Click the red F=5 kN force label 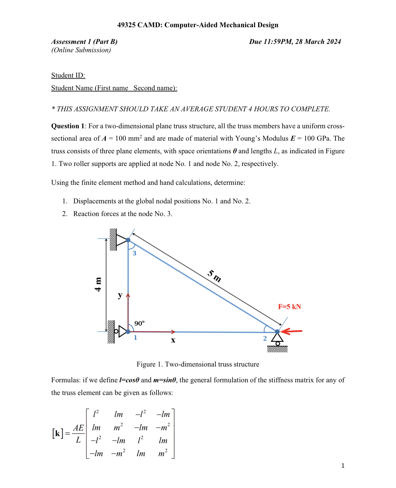pos(289,307)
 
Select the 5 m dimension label pos(214,276)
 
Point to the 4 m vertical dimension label pos(98,284)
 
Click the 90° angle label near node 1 pos(139,323)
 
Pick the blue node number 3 pos(134,253)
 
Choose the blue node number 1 pos(135,337)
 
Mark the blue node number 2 pos(265,338)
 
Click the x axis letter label pos(173,340)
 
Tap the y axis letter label pos(120,295)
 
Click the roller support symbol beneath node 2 pos(278,341)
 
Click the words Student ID pos(68,75)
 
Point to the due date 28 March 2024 pos(318,42)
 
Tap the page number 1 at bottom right pos(343,465)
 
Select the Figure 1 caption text pos(198,364)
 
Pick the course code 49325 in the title pos(126,25)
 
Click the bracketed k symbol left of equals pos(58,433)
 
